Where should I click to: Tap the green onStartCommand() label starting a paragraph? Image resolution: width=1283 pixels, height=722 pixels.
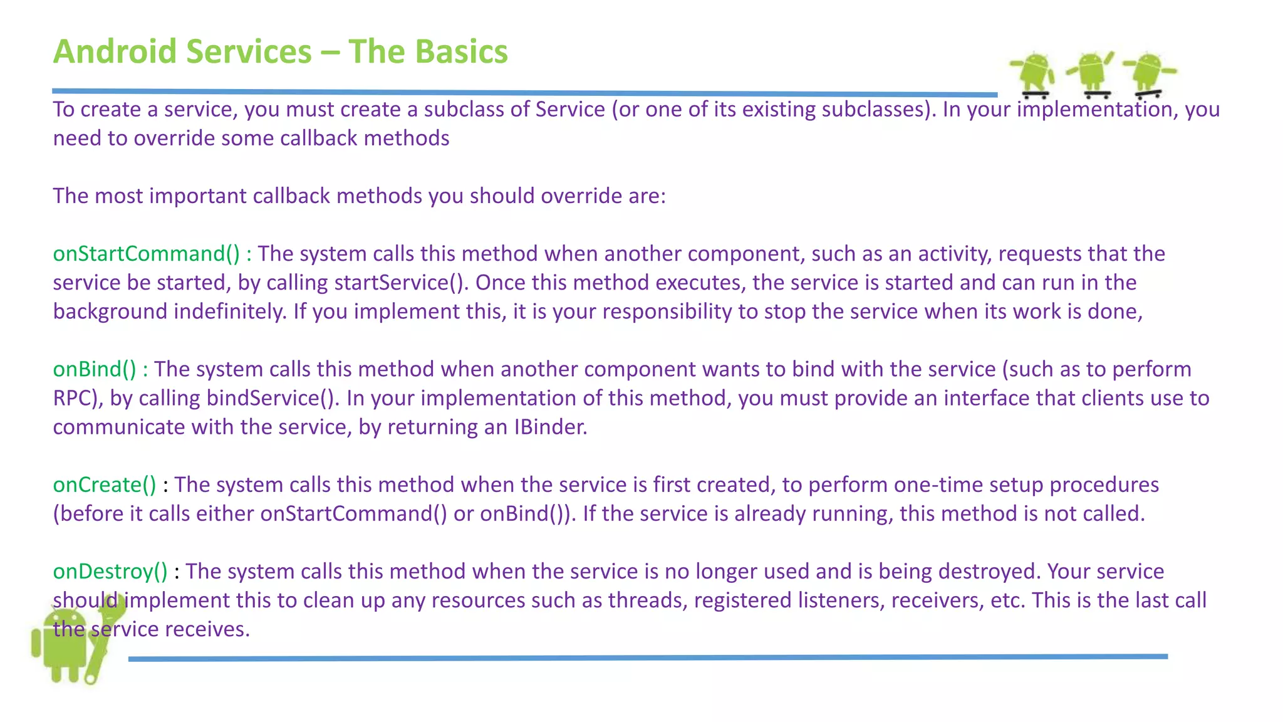[x=146, y=254]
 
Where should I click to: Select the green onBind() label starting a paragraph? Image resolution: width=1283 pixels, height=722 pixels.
[x=95, y=369]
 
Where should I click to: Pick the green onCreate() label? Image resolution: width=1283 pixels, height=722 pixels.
[x=105, y=484]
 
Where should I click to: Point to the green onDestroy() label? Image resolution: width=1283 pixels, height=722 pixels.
[x=110, y=571]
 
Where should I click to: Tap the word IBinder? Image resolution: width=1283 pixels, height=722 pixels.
[x=550, y=427]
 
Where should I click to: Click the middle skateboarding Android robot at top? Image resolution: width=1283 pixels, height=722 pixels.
[x=1091, y=74]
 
